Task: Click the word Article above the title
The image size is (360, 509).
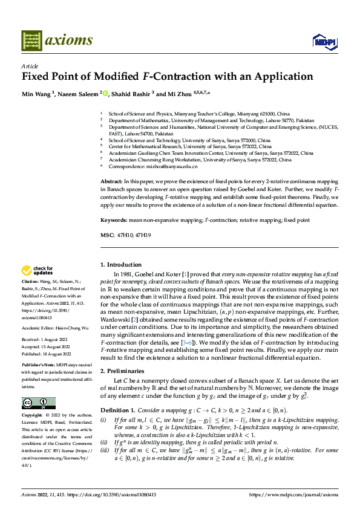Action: (x=30, y=66)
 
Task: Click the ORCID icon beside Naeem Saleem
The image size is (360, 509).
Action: (x=105, y=94)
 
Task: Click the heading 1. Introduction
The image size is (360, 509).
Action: (x=120, y=264)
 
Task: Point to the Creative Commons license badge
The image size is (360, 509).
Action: (x=38, y=403)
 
